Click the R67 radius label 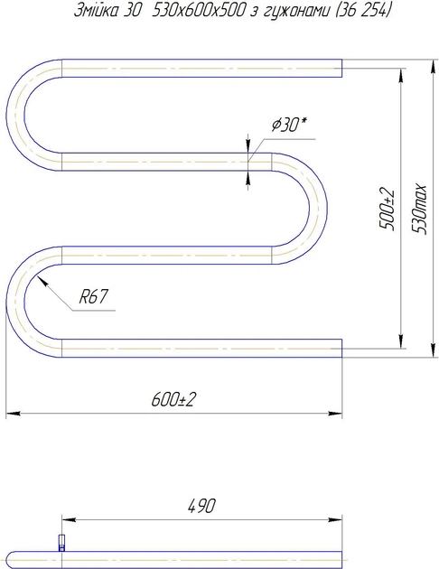94,297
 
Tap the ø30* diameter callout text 289,125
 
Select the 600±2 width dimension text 173,399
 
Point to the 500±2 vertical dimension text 387,209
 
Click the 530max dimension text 420,209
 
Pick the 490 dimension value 201,506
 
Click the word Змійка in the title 96,11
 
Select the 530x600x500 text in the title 199,11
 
